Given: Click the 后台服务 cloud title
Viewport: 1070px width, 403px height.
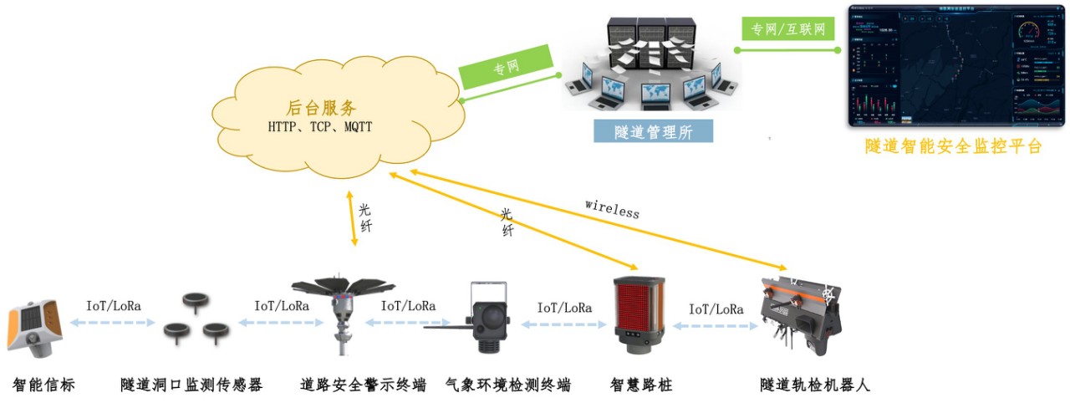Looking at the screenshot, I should coord(321,108).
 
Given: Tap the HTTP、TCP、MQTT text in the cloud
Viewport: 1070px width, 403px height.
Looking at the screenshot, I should coord(320,128).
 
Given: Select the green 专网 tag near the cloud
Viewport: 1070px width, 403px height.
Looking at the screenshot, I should coord(507,67).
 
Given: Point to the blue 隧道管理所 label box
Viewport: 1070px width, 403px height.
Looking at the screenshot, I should coord(653,131).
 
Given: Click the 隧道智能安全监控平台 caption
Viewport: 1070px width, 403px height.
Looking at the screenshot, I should coord(954,146).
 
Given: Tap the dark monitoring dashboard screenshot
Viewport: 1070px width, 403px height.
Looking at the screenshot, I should coord(955,66).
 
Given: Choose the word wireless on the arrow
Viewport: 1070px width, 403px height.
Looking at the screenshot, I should coord(612,208).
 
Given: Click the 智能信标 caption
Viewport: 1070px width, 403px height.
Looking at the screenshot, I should coord(43,385).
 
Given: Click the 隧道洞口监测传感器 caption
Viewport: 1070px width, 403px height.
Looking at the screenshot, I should coord(191,385).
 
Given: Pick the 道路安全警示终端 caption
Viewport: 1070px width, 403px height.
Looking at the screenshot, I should coord(363,385).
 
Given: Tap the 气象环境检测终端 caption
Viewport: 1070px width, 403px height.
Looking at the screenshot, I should coord(508,385).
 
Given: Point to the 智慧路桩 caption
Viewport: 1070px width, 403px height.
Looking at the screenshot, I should coord(641,385).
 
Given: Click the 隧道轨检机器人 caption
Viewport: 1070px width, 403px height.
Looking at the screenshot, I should coord(815,385).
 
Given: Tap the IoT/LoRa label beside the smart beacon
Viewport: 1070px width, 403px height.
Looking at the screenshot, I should coord(114,306).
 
